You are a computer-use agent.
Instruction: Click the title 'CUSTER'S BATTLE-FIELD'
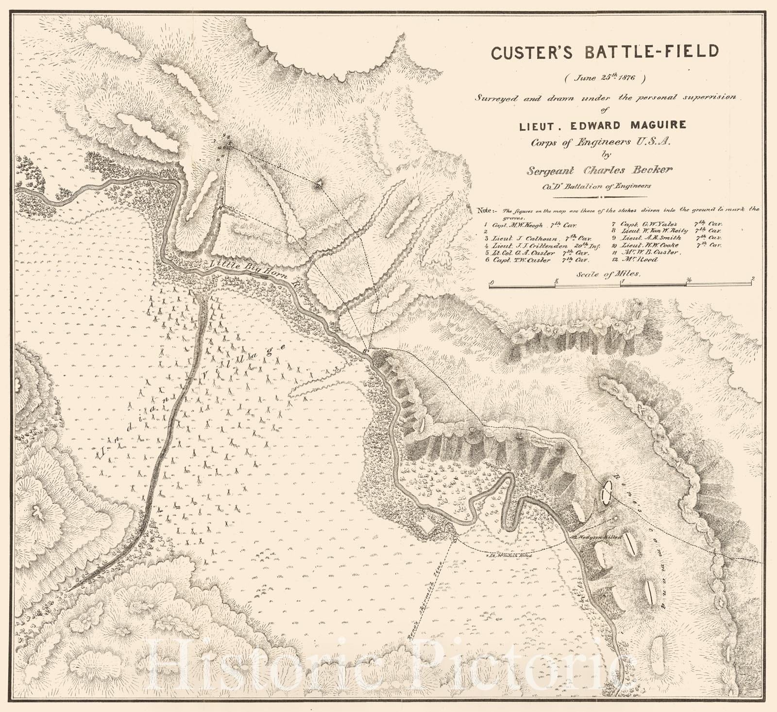604,51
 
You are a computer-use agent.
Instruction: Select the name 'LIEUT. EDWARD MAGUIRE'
605,125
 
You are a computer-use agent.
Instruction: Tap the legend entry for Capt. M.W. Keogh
530,225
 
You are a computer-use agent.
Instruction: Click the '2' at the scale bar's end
752,279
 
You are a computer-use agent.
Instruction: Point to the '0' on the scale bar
491,282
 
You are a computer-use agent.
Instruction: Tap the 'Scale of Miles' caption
608,274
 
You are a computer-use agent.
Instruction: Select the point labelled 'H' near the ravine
220,207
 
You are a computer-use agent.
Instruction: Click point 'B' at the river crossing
366,351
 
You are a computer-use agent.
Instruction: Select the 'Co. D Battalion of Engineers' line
596,186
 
